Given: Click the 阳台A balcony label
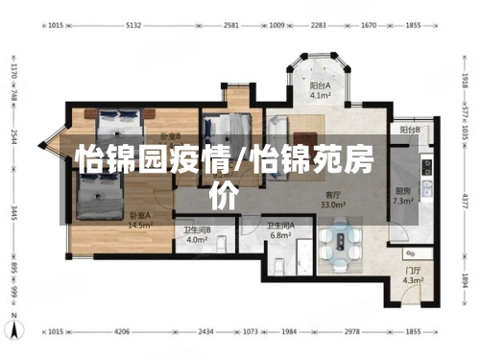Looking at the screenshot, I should [x=321, y=90].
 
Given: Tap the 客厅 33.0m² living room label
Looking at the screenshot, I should [x=333, y=200].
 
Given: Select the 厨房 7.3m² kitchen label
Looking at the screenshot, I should [x=403, y=196].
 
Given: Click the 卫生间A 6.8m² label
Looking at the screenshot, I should [x=280, y=230].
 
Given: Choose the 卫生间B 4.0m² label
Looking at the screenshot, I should [x=198, y=235].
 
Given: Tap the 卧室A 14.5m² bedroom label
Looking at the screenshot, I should [x=140, y=221].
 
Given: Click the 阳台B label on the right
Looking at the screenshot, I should [x=410, y=130].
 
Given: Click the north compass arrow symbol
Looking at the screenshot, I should [x=14, y=331].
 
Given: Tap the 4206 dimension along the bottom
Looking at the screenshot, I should [x=121, y=331].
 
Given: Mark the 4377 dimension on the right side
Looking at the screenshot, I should [x=465, y=201].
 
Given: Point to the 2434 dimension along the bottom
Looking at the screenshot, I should [x=206, y=331].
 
